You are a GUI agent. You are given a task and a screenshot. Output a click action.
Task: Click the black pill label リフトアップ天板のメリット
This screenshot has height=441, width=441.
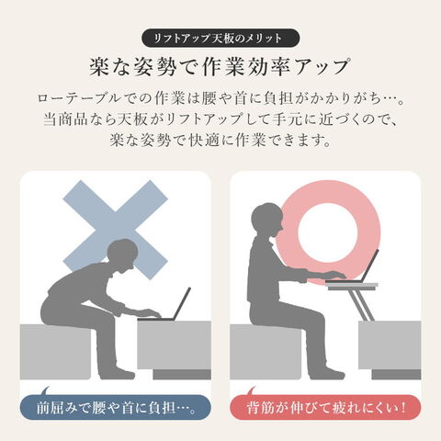(220, 39)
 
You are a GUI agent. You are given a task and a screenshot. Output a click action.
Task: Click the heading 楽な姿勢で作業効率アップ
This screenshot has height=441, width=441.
(220, 67)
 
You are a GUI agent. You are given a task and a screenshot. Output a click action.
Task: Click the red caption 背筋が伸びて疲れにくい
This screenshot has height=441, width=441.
(325, 408)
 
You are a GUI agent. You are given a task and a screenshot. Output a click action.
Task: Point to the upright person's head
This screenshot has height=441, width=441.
(266, 219)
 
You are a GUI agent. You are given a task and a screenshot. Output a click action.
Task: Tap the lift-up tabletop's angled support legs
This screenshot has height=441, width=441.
(361, 305)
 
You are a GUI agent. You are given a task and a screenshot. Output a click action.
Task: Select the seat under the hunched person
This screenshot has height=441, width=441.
(55, 352)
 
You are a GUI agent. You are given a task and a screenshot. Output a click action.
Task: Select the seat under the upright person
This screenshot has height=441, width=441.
(266, 352)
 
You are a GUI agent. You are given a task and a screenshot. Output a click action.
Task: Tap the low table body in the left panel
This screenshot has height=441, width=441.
(174, 345)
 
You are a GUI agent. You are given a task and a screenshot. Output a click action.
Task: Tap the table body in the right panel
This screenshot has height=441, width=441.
(390, 345)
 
